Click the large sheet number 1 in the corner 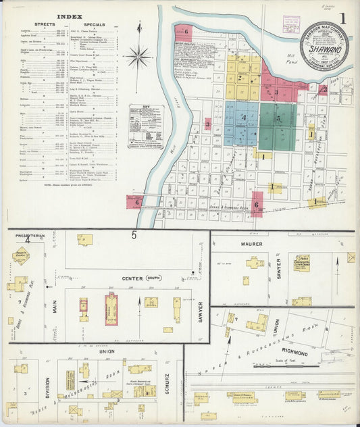point(344,19)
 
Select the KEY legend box point(145,126)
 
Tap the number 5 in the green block point(278,120)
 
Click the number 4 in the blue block point(242,118)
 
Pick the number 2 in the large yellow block point(239,78)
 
